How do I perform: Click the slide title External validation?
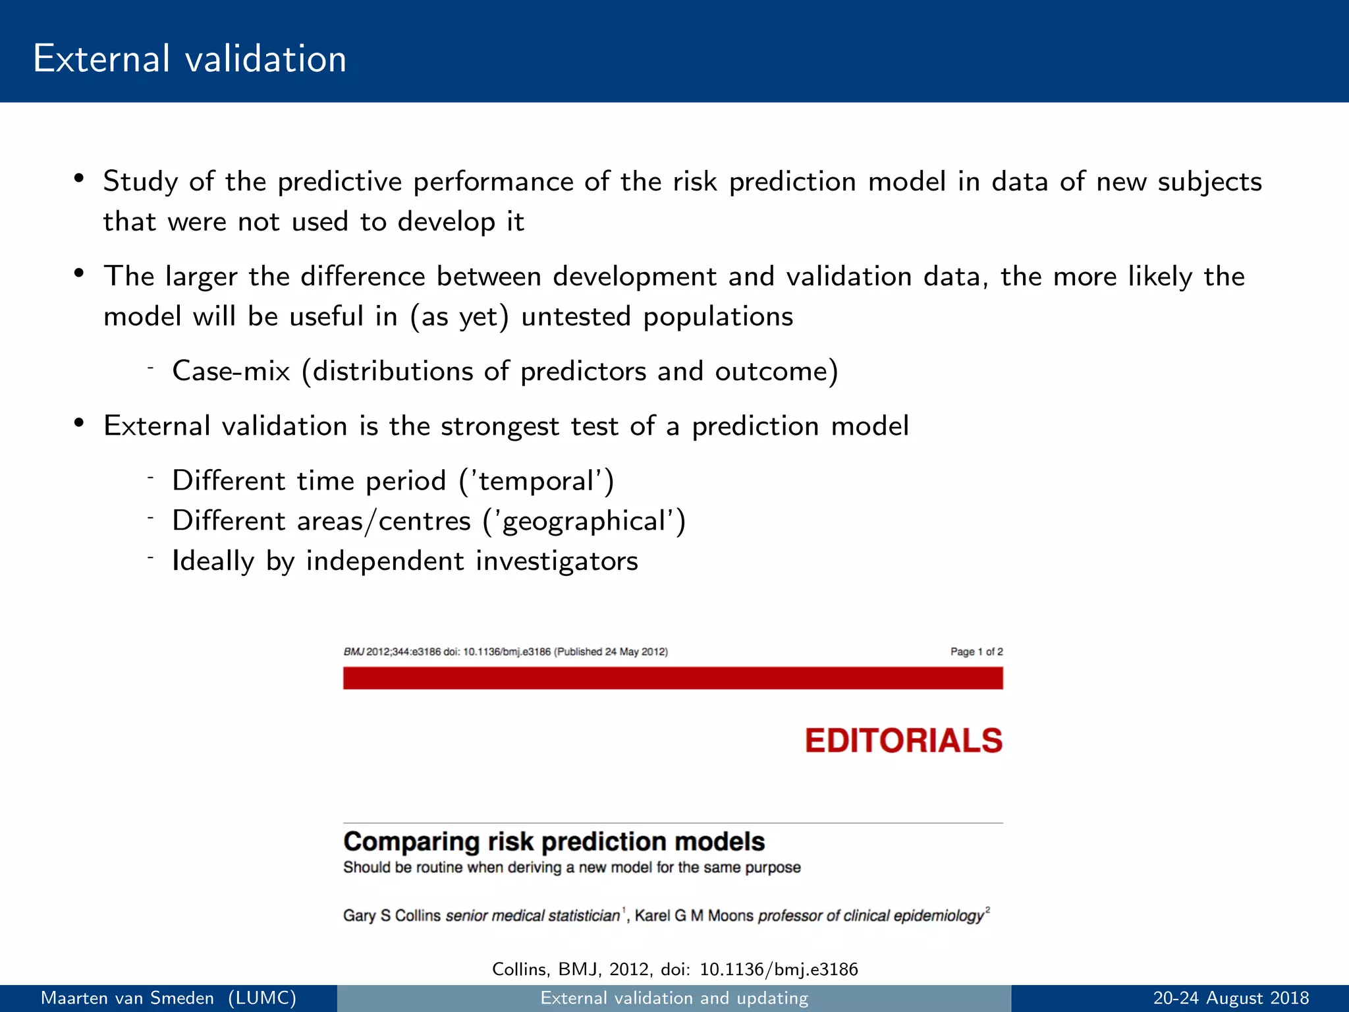(x=190, y=59)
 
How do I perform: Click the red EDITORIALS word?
(x=903, y=741)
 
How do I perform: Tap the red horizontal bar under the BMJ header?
(x=673, y=678)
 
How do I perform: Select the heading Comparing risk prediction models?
(x=553, y=842)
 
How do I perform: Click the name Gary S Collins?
(x=392, y=916)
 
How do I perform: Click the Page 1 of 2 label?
(x=976, y=652)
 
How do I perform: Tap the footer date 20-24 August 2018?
(x=1230, y=998)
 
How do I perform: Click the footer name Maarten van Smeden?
(x=127, y=998)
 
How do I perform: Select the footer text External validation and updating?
(x=674, y=998)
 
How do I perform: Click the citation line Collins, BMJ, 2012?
(x=674, y=969)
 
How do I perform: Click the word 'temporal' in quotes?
(x=536, y=482)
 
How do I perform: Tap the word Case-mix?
(x=231, y=372)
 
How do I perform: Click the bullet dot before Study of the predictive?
(x=78, y=179)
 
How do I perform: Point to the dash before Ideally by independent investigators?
(x=150, y=557)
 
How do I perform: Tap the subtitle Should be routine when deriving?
(x=571, y=868)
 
